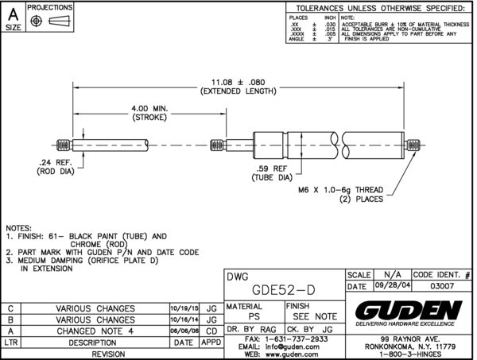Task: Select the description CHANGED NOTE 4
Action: pos(96,331)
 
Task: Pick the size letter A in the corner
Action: pos(14,13)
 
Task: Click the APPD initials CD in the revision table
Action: pos(211,331)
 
